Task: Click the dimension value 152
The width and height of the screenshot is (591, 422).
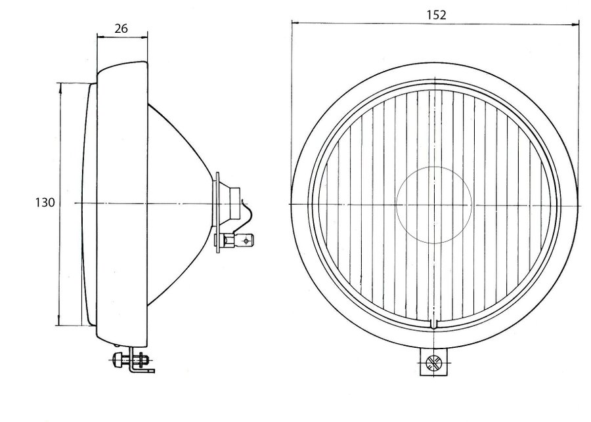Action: tap(436, 14)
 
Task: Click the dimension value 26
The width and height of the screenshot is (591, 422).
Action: tap(121, 29)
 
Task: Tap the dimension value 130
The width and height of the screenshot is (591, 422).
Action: tap(45, 203)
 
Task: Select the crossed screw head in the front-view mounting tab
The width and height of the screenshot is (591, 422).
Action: tap(433, 363)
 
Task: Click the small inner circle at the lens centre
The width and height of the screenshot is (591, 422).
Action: tap(434, 205)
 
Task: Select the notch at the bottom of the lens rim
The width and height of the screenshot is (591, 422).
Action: tap(434, 325)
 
